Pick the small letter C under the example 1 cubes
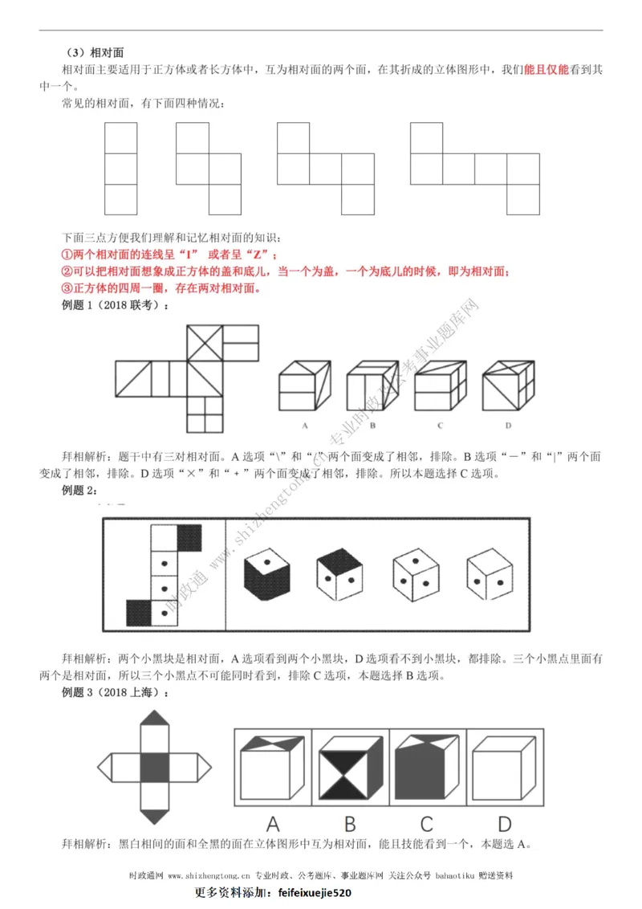pos(441,425)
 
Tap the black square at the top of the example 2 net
pos(189,537)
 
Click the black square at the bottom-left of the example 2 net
pos(140,613)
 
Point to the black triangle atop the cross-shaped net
pos(155,717)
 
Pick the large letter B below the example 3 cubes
pos(349,823)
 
